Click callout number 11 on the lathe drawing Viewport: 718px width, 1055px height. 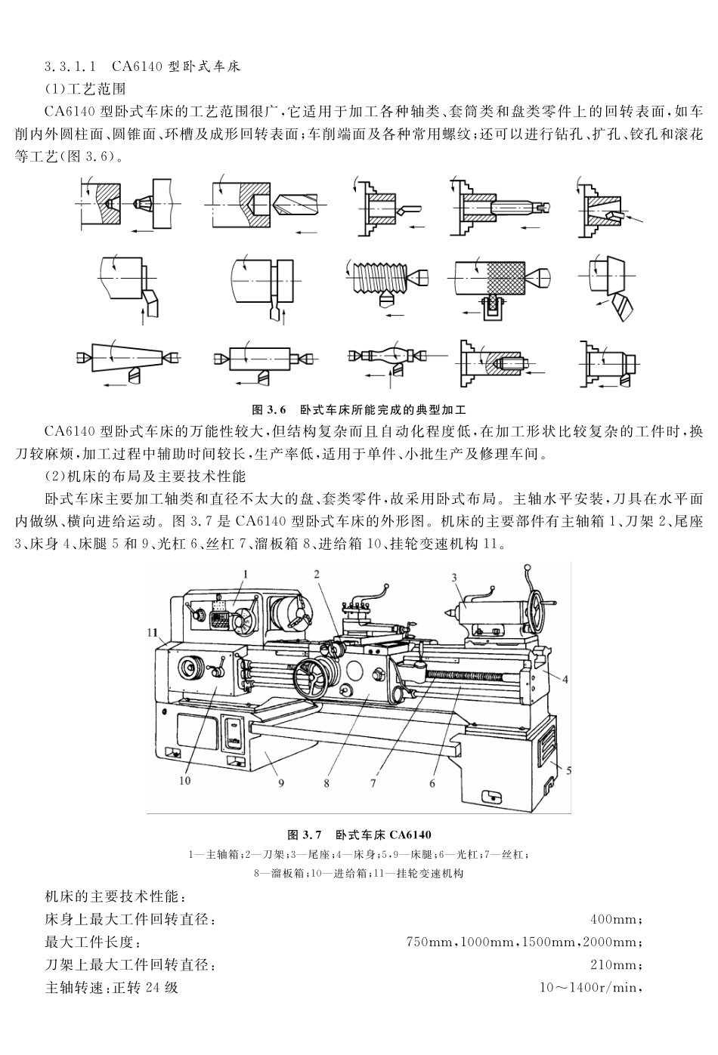tap(153, 632)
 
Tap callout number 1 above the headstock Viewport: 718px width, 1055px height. tap(246, 575)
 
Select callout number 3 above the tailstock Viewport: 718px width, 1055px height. tap(454, 578)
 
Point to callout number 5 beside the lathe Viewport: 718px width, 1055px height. tap(568, 770)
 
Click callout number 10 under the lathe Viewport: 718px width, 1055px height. tap(185, 780)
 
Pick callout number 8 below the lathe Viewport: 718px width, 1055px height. tap(327, 783)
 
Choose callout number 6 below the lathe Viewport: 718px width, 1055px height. tap(432, 783)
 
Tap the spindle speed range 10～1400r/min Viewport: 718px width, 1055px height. tap(590, 988)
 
